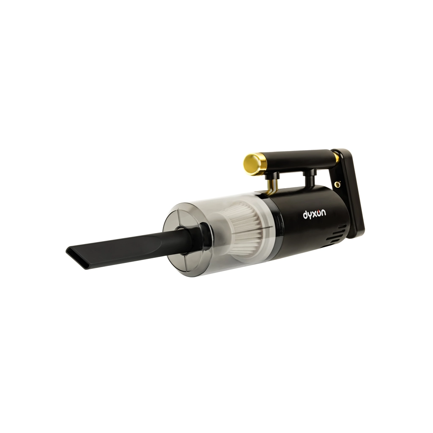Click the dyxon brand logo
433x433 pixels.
(x=314, y=215)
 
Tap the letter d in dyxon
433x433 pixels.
(x=305, y=215)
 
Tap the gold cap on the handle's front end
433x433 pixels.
(x=252, y=164)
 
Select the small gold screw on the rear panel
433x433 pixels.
(x=337, y=184)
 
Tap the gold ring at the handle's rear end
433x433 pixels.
(x=336, y=157)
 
